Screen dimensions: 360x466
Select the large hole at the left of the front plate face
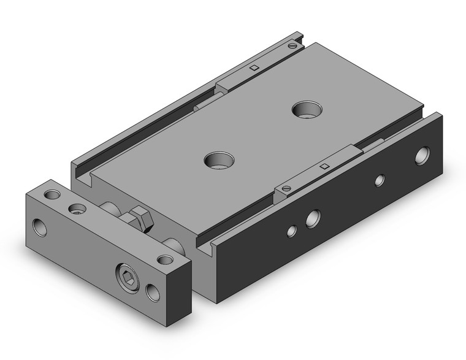click(x=40, y=227)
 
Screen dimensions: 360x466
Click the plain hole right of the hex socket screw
click(x=153, y=293)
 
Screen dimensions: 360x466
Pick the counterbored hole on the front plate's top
click(x=77, y=209)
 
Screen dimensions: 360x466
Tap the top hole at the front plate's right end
click(x=164, y=259)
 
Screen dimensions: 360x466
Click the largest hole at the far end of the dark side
click(x=422, y=156)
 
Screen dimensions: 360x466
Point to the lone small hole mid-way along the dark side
click(x=380, y=180)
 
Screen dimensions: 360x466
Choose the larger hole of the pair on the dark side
click(x=313, y=217)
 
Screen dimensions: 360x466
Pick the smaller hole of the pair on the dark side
click(x=292, y=231)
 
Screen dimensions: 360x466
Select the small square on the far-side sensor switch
click(x=253, y=67)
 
